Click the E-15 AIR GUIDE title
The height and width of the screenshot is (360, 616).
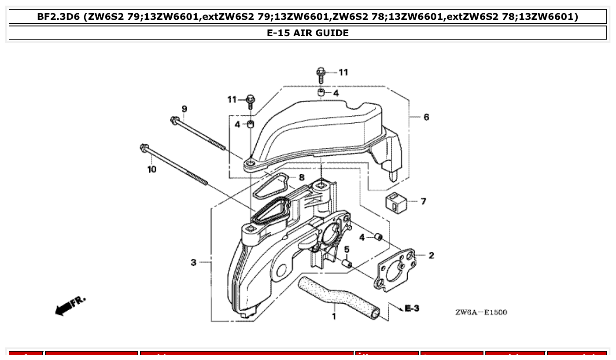tap(308, 33)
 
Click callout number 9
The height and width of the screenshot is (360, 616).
tap(184, 109)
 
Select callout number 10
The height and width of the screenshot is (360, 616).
tap(151, 169)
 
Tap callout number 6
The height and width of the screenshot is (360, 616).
tap(426, 117)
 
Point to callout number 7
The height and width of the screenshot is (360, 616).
tap(423, 202)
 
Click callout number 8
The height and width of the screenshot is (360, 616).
tap(301, 178)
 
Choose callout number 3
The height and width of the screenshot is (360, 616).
tap(193, 262)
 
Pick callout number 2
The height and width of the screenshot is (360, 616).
tap(431, 255)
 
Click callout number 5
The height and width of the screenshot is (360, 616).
tap(347, 250)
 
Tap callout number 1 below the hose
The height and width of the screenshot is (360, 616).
tap(334, 316)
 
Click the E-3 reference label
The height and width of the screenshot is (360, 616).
tap(412, 309)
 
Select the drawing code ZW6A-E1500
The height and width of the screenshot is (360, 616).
tap(481, 312)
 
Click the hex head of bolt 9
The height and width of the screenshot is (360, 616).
tap(174, 119)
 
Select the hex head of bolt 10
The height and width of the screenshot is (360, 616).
tap(144, 147)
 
